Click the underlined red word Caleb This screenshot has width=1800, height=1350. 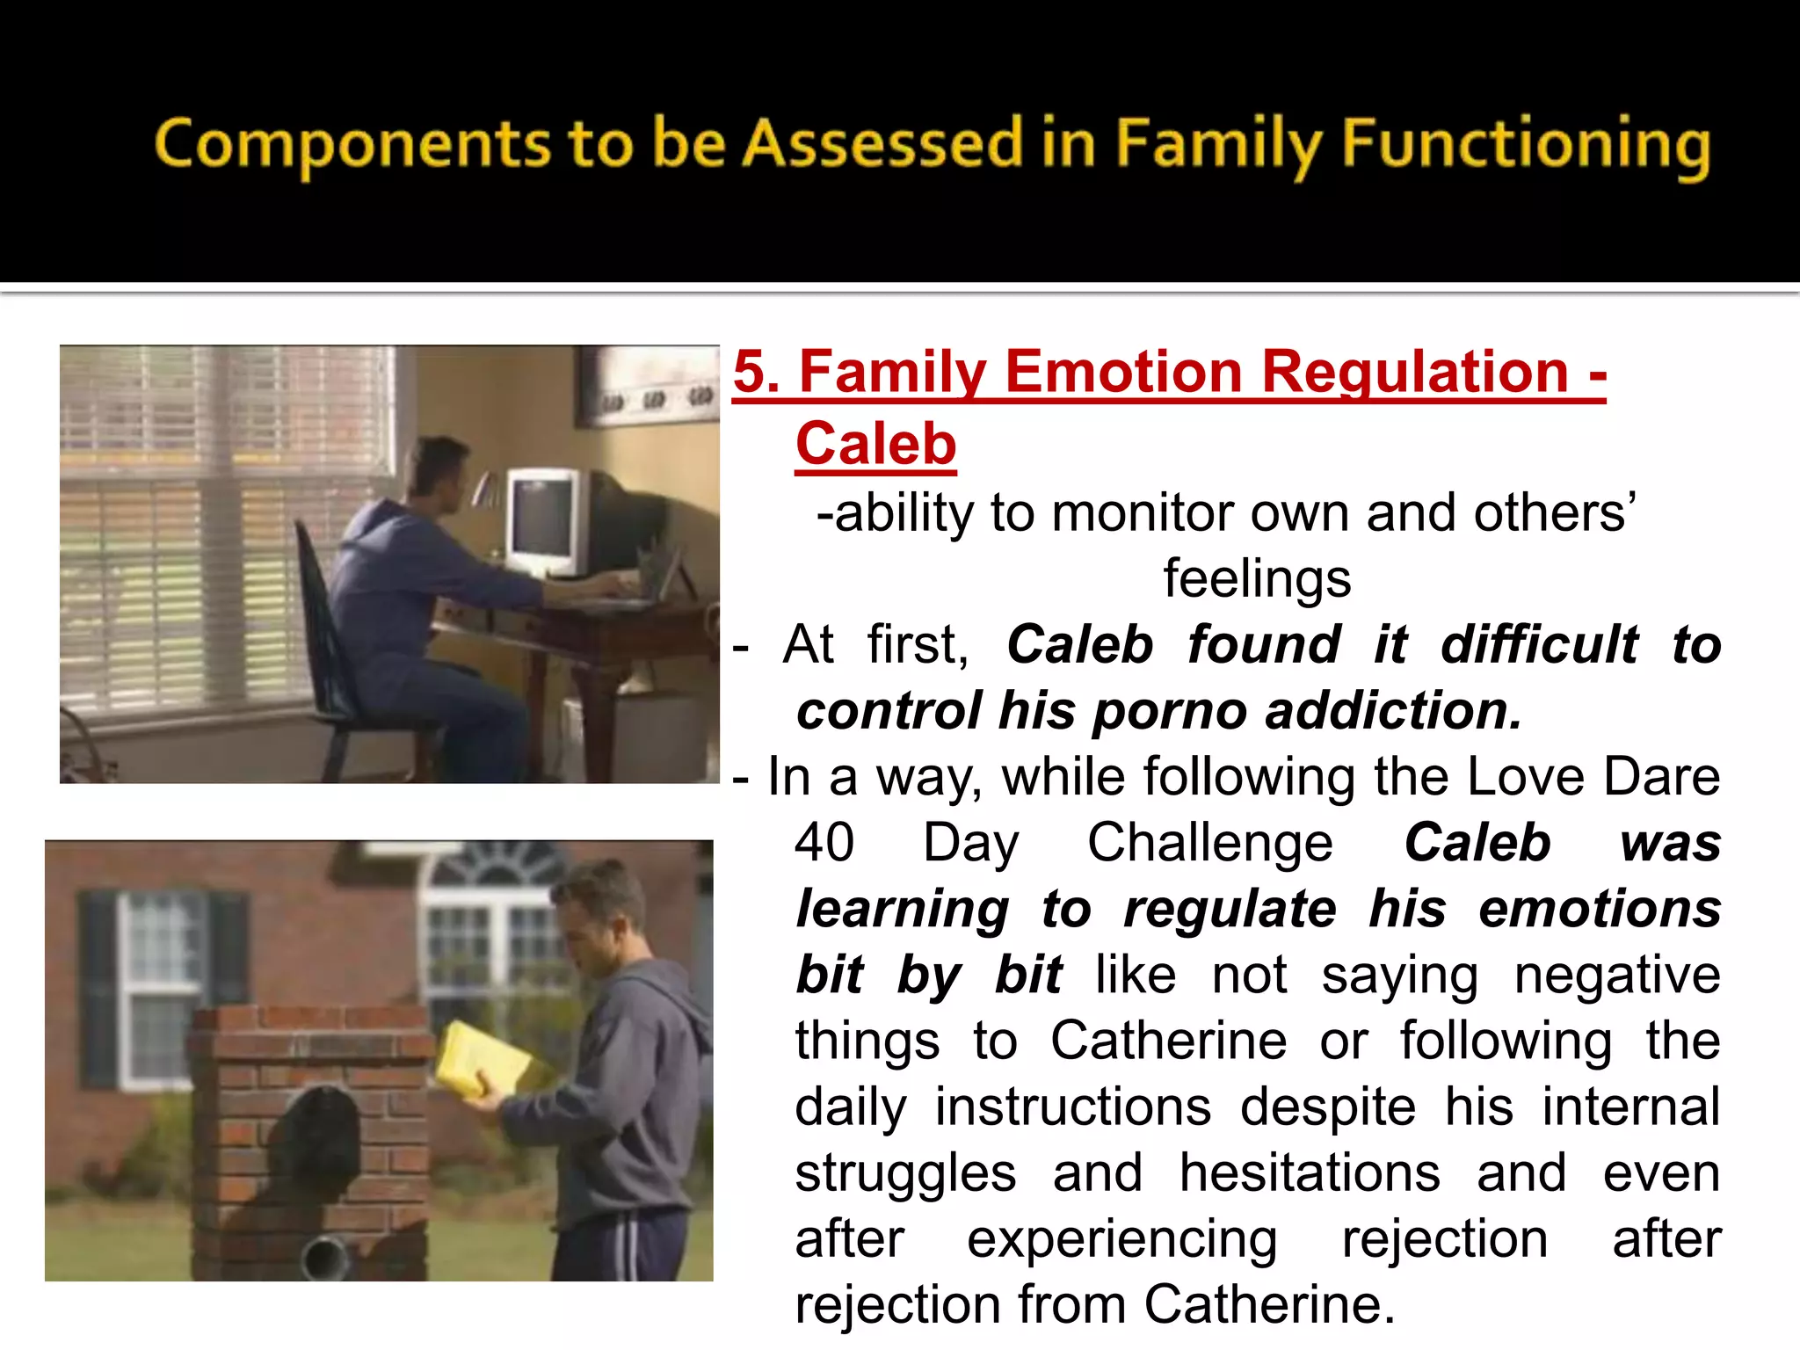pyautogui.click(x=875, y=444)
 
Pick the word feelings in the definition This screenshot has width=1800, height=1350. pyautogui.click(x=1257, y=578)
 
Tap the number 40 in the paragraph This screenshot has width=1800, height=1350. pyautogui.click(x=824, y=842)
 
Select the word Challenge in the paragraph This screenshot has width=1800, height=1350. pyautogui.click(x=1209, y=842)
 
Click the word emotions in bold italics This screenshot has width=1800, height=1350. pyautogui.click(x=1599, y=909)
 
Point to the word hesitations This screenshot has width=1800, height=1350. pyautogui.click(x=1310, y=1172)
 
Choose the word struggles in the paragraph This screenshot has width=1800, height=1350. pyautogui.click(x=905, y=1172)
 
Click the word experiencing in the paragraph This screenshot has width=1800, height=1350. pyautogui.click(x=1121, y=1239)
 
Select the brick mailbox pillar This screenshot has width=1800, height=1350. pyautogui.click(x=308, y=1143)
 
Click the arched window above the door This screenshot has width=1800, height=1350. pyautogui.click(x=497, y=866)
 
